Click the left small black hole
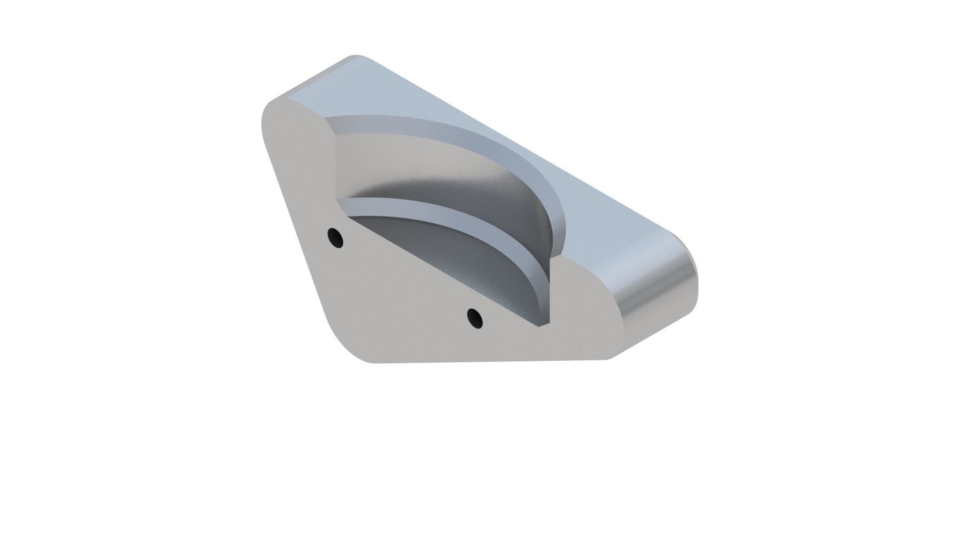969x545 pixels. click(335, 237)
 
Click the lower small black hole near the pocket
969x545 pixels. click(474, 318)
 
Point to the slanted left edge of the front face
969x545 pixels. click(293, 227)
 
